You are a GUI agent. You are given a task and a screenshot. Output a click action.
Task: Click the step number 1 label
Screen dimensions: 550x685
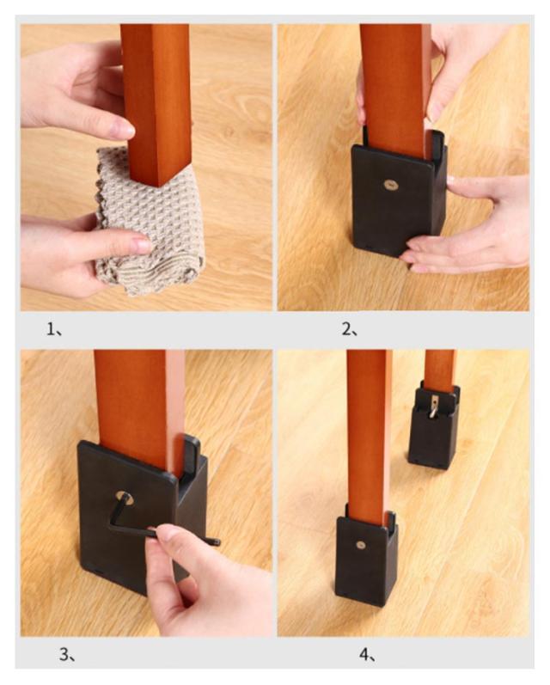coord(55,328)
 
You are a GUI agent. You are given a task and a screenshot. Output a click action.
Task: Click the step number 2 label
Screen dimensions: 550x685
coord(349,328)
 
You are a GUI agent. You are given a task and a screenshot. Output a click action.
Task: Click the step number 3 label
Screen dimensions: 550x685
coord(68,654)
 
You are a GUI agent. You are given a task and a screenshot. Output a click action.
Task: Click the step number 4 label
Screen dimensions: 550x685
coord(368,654)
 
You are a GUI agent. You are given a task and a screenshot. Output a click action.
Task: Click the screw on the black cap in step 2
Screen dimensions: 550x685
coord(391,185)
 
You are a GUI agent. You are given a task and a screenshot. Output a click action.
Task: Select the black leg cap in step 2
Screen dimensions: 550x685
coord(399,194)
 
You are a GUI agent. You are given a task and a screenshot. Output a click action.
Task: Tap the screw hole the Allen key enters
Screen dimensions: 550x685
coord(125,498)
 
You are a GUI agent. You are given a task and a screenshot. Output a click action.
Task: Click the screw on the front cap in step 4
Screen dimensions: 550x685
coord(361,545)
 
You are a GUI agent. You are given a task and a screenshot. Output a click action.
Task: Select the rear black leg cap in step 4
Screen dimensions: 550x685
coord(434,426)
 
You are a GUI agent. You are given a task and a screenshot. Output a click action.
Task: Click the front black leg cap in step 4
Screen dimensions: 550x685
coord(366,557)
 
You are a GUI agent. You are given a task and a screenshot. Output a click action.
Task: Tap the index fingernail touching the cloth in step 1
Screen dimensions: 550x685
coord(143,245)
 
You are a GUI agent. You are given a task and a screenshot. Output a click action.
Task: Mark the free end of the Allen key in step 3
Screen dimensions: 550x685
coord(217,543)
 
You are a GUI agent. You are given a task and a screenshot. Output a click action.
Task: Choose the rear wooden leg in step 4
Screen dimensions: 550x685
coord(440,370)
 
